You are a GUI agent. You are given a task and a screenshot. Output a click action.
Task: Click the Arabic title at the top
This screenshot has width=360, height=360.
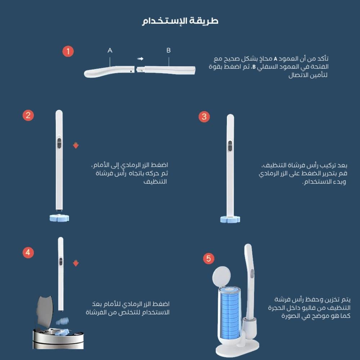click(x=180, y=21)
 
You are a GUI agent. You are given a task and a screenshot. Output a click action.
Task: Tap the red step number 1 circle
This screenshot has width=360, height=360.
click(x=68, y=51)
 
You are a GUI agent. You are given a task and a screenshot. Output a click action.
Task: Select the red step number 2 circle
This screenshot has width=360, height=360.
click(x=28, y=115)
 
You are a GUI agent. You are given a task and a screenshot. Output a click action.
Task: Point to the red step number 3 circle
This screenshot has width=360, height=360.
click(x=204, y=116)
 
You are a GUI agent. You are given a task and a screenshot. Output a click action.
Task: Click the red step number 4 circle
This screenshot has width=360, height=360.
click(x=28, y=252)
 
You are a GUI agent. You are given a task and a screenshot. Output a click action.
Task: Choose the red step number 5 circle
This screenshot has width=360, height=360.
click(x=208, y=258)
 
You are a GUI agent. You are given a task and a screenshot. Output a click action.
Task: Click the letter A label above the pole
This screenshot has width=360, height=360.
click(x=110, y=51)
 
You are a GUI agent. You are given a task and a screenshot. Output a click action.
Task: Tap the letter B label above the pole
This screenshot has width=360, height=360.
click(x=168, y=50)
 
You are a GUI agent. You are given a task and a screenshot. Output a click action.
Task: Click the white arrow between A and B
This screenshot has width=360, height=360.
click(x=140, y=58)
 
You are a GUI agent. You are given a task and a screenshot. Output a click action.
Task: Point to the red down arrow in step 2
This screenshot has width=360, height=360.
click(x=76, y=145)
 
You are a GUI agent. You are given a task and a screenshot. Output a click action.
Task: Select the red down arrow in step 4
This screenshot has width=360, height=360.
click(x=76, y=264)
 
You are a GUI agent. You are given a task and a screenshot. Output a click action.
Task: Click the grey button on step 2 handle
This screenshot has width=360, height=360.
click(x=59, y=142)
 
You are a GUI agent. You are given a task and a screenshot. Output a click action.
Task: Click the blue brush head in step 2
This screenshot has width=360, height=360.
click(x=59, y=217)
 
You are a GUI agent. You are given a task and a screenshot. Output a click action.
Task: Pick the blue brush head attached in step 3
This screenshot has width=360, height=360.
click(x=231, y=219)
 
